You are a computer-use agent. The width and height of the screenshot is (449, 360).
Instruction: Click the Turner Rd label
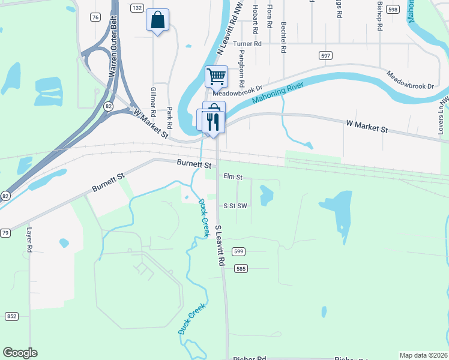248,44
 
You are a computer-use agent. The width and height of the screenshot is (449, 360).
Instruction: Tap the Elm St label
232,177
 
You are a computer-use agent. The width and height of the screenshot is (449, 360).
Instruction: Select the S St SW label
235,205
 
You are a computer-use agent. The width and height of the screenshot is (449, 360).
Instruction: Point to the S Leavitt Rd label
219,246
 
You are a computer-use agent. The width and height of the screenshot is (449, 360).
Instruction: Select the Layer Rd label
28,239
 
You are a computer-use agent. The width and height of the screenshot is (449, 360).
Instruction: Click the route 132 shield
137,8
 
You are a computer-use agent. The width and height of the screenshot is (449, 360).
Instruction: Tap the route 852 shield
11,316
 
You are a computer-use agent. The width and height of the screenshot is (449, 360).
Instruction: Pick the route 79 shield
5,232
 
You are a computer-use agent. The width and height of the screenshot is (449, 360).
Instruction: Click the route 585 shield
241,268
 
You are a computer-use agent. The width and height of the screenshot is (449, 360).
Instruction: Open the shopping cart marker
216,76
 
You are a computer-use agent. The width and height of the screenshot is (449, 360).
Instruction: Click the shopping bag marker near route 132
157,20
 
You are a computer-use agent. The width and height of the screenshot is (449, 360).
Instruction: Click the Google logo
20,353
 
